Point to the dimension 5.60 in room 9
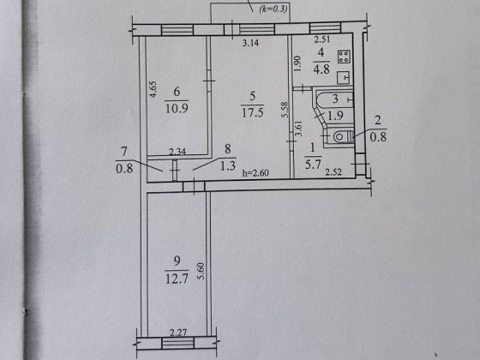tap(201, 273)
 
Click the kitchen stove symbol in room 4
tap(344, 58)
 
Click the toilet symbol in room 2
tap(339, 135)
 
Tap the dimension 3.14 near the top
tap(251, 42)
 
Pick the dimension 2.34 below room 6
tap(177, 153)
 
